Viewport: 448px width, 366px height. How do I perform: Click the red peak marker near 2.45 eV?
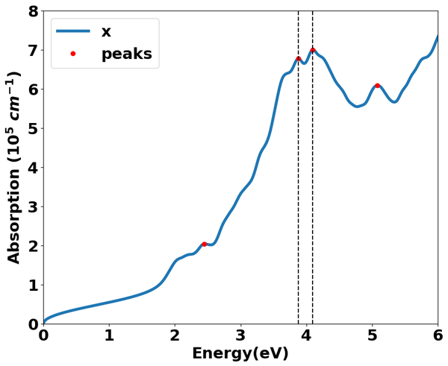tap(205, 244)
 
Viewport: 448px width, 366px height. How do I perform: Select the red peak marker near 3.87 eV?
tap(298, 58)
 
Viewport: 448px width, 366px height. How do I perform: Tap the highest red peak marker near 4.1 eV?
tap(312, 50)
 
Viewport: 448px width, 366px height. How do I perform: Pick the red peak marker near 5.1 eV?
tap(378, 86)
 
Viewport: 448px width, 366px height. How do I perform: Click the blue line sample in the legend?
tap(73, 31)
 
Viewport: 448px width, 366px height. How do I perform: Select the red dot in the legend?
tap(73, 54)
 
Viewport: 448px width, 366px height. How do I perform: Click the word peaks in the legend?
tap(126, 54)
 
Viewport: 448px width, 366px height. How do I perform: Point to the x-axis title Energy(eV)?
tap(240, 353)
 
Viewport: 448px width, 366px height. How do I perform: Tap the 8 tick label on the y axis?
tap(32, 12)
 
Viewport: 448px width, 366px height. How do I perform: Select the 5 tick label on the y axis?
tap(32, 129)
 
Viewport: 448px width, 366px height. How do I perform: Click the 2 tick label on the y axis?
tap(32, 246)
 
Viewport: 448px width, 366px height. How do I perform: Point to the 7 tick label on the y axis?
tap(32, 51)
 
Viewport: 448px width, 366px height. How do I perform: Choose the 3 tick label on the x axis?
tap(240, 335)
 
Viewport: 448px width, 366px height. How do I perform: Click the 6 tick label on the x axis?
tap(438, 335)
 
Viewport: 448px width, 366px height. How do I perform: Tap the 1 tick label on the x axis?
tap(109, 335)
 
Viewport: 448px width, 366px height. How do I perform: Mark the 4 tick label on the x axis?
tap(306, 335)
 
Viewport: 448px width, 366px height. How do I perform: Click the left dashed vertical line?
tap(298, 186)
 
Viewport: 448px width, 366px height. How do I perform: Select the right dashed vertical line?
tap(312, 186)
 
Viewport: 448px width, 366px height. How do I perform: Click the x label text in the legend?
tap(106, 31)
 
